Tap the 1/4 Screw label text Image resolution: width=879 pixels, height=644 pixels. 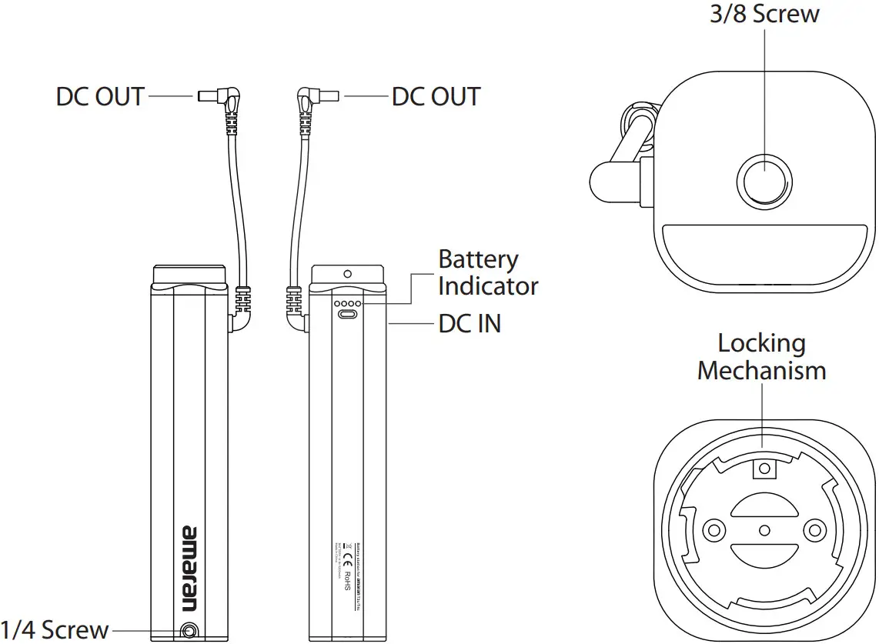pyautogui.click(x=55, y=629)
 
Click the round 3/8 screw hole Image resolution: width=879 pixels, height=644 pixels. pyautogui.click(x=765, y=178)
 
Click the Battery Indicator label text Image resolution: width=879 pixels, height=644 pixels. pyautogui.click(x=488, y=273)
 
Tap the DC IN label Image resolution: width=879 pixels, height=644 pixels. pyautogui.click(x=470, y=324)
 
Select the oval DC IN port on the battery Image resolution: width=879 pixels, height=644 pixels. pyautogui.click(x=347, y=315)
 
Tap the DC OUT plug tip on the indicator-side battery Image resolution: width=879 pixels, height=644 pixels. pyautogui.click(x=328, y=96)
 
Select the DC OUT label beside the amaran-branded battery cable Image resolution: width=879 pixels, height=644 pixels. pyautogui.click(x=100, y=97)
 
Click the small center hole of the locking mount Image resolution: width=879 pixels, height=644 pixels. pyautogui.click(x=764, y=529)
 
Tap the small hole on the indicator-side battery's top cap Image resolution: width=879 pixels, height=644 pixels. pyautogui.click(x=347, y=273)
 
